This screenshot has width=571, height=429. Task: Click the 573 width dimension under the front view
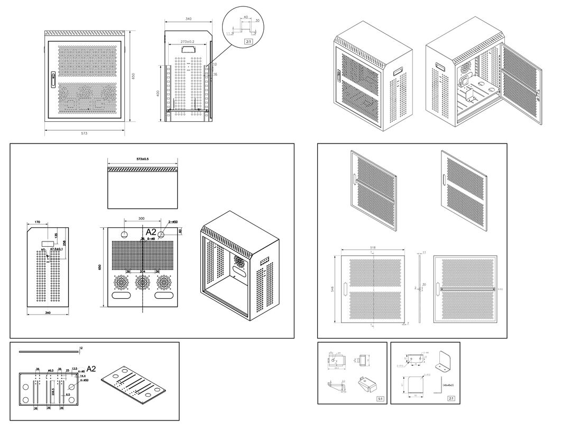84,133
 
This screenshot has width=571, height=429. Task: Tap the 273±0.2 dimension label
187,41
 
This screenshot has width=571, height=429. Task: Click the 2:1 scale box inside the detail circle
248,41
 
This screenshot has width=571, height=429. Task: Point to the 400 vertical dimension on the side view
157,93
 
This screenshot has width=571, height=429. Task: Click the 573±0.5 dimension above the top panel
143,159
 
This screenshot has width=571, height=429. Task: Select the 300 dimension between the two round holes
141,218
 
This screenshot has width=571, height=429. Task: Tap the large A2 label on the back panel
151,232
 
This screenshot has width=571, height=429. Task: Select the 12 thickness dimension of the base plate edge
80,348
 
